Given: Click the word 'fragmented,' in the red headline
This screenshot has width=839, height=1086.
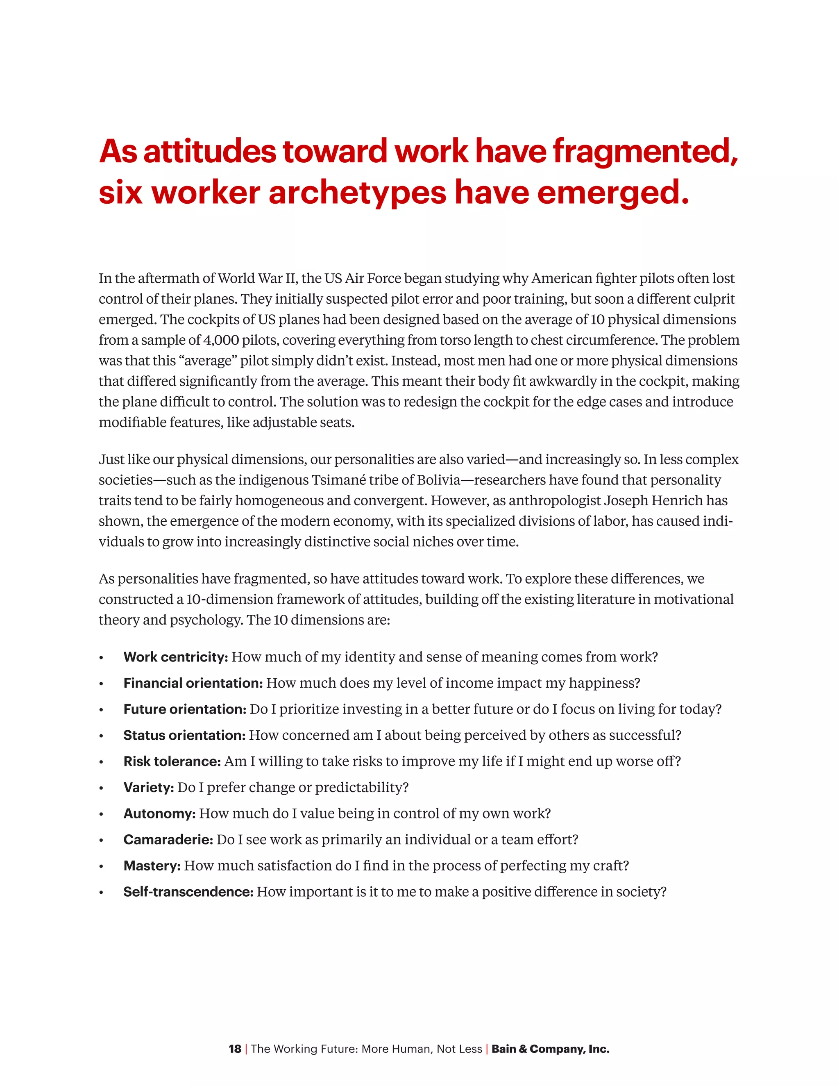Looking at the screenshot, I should [x=645, y=151].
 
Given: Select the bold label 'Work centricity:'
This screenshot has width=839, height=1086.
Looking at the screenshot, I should [x=175, y=657].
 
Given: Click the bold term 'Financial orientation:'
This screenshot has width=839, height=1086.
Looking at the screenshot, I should [x=193, y=683].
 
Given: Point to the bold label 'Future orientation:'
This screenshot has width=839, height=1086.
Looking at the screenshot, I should [x=184, y=709].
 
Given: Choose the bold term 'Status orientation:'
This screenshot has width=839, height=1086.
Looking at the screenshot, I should [x=184, y=736].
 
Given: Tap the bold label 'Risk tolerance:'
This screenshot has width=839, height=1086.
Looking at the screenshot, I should [x=172, y=761].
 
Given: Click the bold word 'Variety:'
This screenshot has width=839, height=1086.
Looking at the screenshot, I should [x=149, y=788].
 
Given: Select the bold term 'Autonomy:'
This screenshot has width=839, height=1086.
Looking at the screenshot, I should [x=159, y=813].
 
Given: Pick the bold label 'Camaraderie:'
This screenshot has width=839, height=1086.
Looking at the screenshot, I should [x=168, y=840].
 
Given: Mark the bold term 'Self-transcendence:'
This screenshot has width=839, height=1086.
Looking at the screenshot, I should [x=188, y=892].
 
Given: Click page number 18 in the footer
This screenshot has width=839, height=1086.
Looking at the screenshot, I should [x=235, y=1049].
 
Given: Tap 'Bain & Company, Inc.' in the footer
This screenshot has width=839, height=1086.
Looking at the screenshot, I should [x=550, y=1049].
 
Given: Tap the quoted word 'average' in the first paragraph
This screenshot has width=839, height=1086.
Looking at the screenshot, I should [x=208, y=361].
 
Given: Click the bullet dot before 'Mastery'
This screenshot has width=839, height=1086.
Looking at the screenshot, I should [x=101, y=867].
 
